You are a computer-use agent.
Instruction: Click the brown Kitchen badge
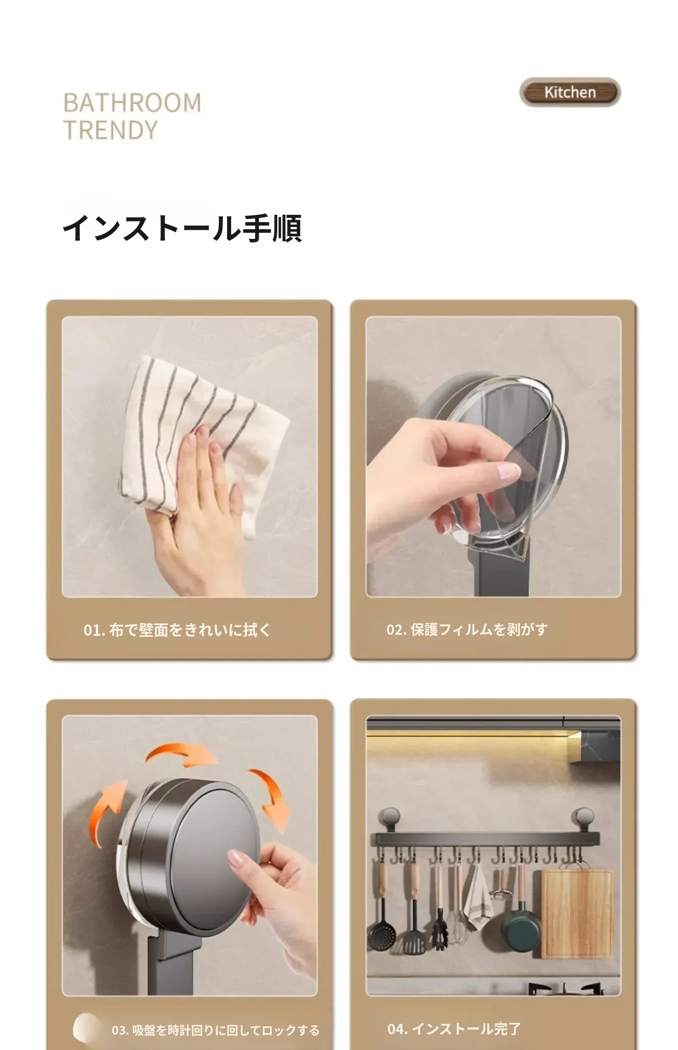point(570,92)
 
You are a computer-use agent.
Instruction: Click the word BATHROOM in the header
point(132,103)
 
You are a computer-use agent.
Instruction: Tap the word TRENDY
point(110,130)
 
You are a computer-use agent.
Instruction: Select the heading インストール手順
point(182,228)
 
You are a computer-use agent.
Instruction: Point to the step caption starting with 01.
point(177,630)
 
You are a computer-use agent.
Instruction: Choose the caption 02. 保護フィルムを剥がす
point(467,629)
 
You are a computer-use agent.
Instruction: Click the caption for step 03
point(216,1030)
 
